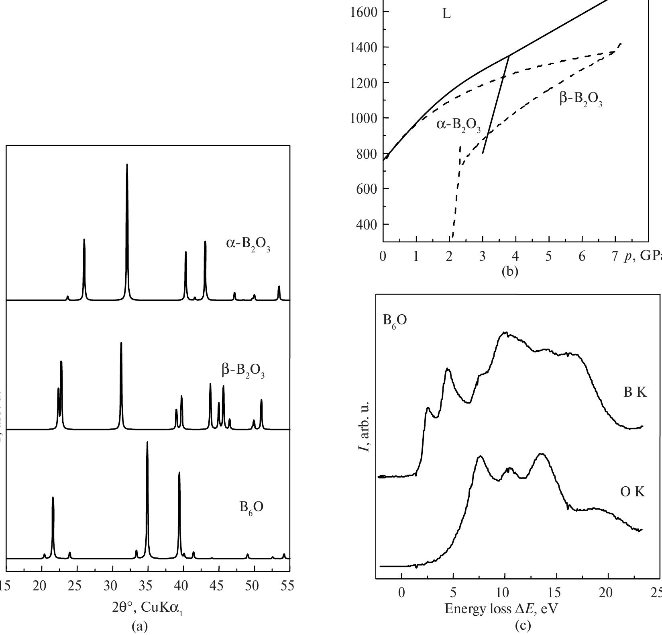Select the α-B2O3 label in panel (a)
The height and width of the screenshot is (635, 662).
[x=248, y=245]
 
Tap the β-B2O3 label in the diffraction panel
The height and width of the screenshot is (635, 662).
[x=243, y=371]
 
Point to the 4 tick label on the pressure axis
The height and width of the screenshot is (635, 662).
[x=515, y=257]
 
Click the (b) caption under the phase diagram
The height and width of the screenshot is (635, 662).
[x=510, y=271]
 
